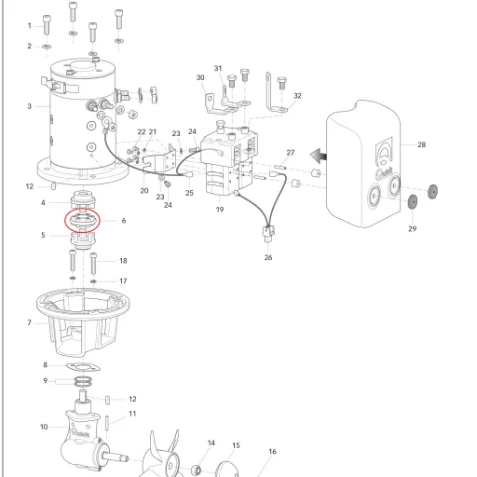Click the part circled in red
point(82,220)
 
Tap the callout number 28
point(421,144)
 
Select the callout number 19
point(220,210)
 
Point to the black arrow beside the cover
point(319,156)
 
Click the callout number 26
point(268,257)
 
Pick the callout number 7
point(29,323)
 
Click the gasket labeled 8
point(83,368)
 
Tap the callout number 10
point(44,427)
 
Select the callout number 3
point(30,106)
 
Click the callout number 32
point(297,96)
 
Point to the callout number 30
point(200,77)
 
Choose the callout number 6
point(124,221)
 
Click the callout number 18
point(123,261)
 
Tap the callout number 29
point(412,229)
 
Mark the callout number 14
point(211,443)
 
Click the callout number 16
point(272,452)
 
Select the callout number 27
point(291,153)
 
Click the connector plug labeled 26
point(268,234)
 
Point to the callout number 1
point(30,26)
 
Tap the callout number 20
point(144,191)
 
